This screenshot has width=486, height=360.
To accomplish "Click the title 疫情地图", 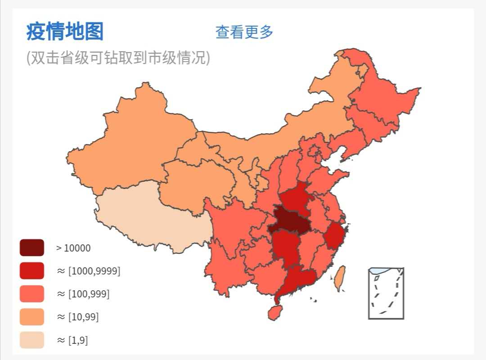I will tap(65, 31).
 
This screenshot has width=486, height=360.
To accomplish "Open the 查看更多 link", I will tap(244, 32).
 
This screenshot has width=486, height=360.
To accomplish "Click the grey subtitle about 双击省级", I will tap(118, 58).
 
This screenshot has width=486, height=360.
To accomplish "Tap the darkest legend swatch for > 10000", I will tap(32, 247).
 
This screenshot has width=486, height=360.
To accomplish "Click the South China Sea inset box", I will tap(386, 293).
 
